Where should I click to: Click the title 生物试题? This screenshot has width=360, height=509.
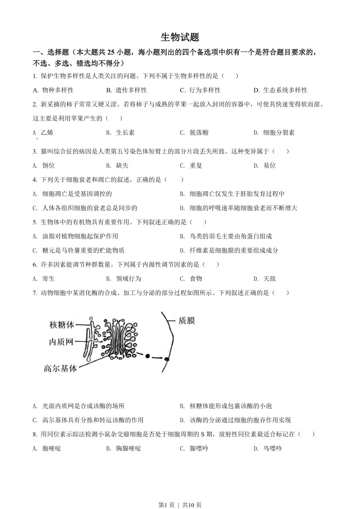click(180, 37)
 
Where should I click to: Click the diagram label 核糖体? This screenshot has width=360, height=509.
click(62, 325)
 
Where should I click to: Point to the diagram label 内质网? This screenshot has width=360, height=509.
click(61, 342)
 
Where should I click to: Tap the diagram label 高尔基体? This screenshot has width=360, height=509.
click(60, 368)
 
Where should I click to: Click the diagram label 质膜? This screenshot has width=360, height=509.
click(186, 321)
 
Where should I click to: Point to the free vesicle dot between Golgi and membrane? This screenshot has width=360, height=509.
click(147, 356)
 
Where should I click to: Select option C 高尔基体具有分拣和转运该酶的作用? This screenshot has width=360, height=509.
click(88, 420)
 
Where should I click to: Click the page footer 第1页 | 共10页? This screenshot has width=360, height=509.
click(180, 504)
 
